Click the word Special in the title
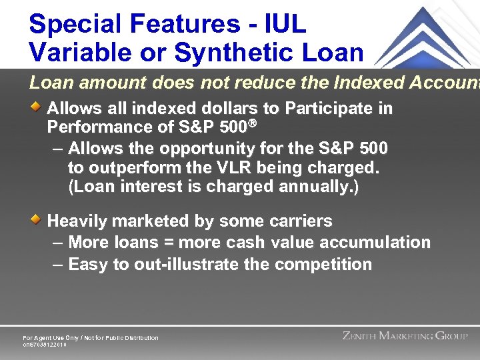point(74,25)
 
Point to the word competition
point(323,265)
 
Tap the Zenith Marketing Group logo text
point(405,336)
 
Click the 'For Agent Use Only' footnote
point(91,338)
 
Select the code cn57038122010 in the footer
point(45,345)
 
